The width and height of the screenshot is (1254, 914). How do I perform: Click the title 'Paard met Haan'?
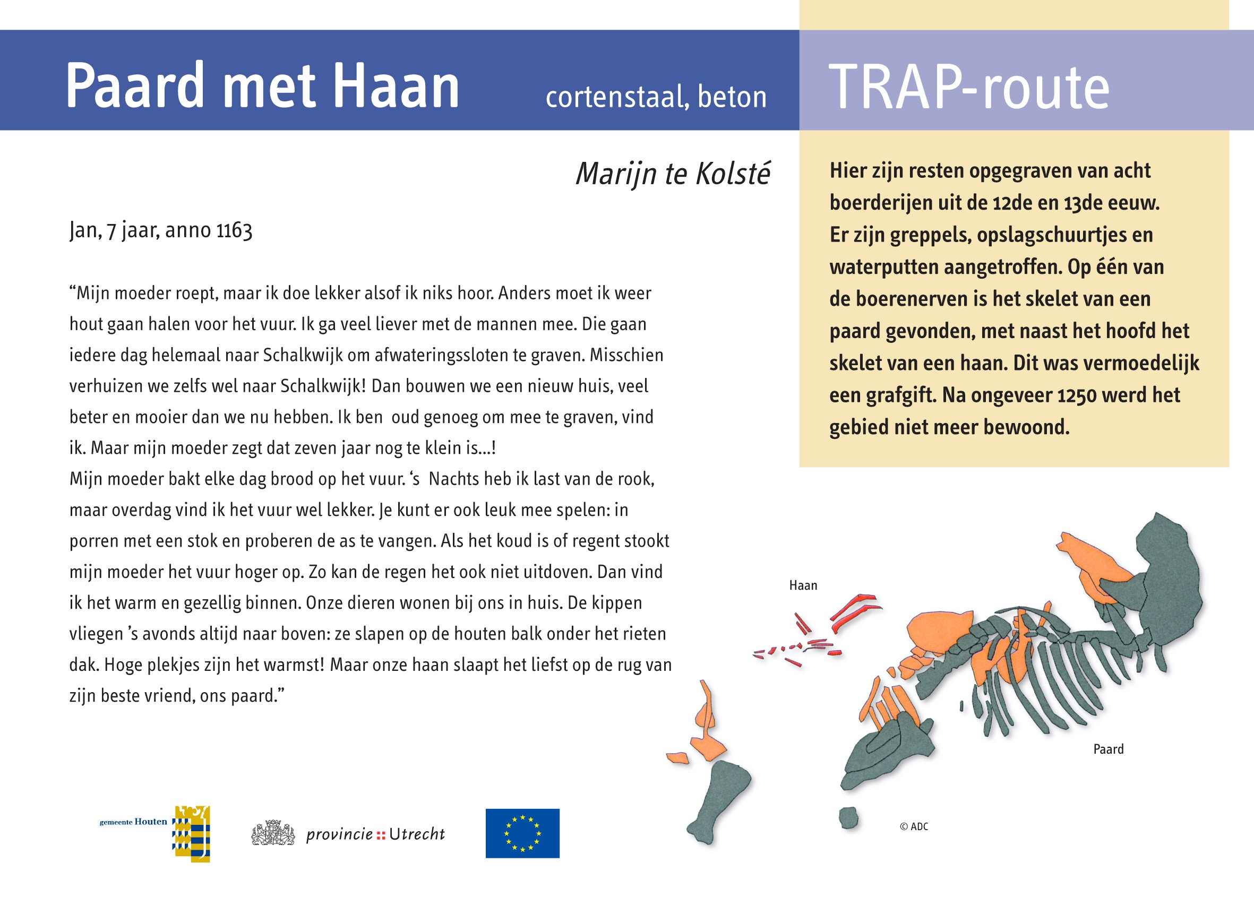pos(262,87)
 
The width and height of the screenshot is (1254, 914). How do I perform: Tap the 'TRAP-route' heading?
pos(968,88)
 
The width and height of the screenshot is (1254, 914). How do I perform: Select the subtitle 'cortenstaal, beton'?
pos(656,97)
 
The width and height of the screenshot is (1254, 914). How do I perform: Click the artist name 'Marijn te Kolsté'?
pos(672,174)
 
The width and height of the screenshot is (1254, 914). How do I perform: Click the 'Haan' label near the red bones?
pos(803,585)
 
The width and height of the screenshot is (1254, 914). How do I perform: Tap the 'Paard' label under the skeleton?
pos(1109,749)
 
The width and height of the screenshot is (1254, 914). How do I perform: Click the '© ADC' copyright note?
pos(914,826)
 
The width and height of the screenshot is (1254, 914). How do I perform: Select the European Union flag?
pos(522,833)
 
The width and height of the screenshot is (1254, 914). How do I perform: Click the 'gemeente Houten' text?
pos(133,822)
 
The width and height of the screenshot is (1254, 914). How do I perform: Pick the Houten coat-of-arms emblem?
pos(192,833)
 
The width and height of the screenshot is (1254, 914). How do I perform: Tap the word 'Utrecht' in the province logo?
pos(417,834)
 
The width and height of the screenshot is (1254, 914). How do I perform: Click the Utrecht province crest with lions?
pos(273,833)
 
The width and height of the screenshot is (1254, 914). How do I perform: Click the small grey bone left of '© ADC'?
pos(848,817)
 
